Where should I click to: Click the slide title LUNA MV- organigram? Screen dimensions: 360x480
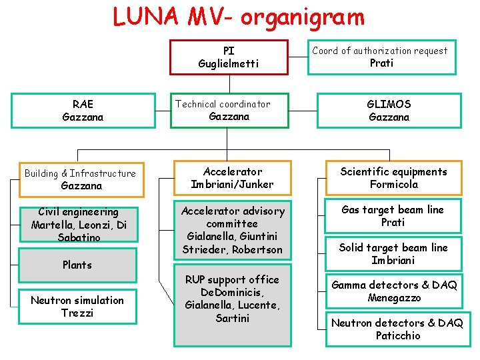(239, 17)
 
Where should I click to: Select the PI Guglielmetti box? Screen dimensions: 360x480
(229, 57)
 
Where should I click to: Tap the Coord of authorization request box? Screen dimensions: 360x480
(381, 57)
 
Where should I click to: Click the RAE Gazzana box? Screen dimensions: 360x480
(83, 111)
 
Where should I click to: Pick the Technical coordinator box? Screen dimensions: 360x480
(229, 110)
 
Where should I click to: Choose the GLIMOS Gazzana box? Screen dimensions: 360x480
(389, 111)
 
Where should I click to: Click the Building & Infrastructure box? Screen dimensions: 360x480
(81, 179)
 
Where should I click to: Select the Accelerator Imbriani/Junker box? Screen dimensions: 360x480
(232, 178)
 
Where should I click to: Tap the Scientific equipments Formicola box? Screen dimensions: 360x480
(393, 178)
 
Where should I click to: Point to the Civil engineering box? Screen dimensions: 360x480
(79, 224)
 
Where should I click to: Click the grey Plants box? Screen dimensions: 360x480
(78, 265)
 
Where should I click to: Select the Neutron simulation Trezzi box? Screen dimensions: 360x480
(77, 307)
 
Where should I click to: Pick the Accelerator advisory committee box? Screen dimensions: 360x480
(232, 230)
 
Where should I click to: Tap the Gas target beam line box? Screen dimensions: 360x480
(393, 216)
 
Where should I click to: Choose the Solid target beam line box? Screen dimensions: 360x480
(393, 253)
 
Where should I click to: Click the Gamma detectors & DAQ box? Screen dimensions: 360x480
(394, 291)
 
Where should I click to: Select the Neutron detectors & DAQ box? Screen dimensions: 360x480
(397, 329)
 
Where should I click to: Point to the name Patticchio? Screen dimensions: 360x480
(397, 336)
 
